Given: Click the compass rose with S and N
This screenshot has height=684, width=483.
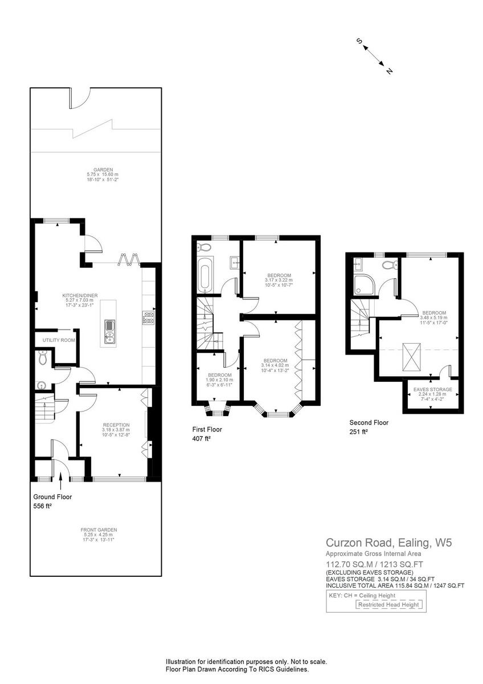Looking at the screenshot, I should tap(375, 56).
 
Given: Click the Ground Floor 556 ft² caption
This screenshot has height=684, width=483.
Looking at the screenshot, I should tap(52, 501).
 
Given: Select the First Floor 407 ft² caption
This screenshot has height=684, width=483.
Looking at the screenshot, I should tap(207, 434).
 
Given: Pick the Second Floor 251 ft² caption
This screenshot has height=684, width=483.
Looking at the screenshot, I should tap(369, 427).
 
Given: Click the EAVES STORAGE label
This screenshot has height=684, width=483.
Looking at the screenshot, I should tap(432, 393).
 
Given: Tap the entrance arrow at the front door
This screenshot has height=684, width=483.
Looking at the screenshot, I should tap(60, 479).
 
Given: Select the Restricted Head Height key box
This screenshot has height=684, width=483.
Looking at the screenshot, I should tap(389, 605).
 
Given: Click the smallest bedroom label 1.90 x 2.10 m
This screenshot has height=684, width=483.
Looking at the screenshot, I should tap(219, 378).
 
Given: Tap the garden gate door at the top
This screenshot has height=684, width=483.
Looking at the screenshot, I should tap(79, 98).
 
